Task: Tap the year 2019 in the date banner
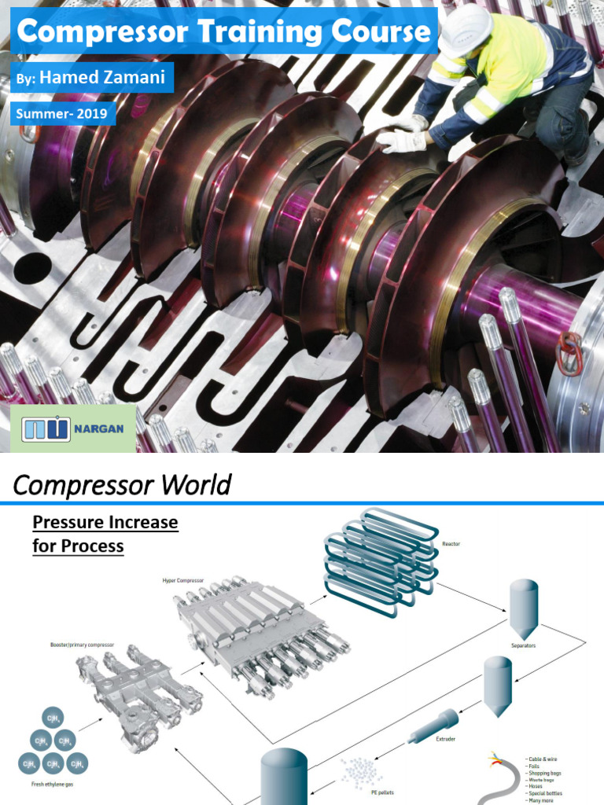(x=93, y=114)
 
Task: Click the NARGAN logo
(x=73, y=429)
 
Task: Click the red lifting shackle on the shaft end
(x=569, y=353)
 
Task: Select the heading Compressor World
(x=122, y=485)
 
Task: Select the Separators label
(x=522, y=645)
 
